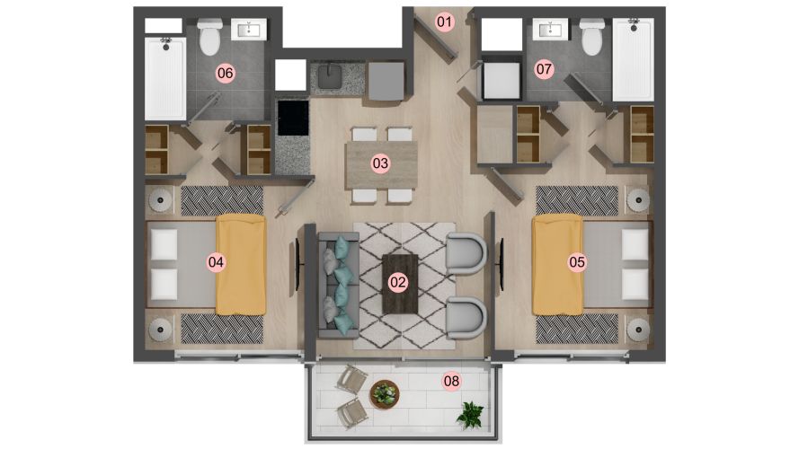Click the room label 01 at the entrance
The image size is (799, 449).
tap(444, 22)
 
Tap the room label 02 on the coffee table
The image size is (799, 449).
tap(397, 283)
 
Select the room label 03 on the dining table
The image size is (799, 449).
tap(380, 163)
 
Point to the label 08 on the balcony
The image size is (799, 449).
tap(451, 381)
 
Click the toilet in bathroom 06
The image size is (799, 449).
tap(209, 36)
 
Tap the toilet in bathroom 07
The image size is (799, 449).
tap(592, 36)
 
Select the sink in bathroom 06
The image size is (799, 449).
tap(249, 30)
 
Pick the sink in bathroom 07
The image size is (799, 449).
tap(550, 30)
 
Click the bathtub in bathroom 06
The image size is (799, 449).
tap(165, 78)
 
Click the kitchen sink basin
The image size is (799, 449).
tap(330, 77)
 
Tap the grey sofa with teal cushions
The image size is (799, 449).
tap(339, 286)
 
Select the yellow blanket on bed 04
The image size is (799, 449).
tap(241, 265)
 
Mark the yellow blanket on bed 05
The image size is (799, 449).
tap(557, 265)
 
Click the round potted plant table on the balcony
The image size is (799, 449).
tap(385, 394)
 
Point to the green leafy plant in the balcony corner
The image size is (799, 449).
tap(470, 413)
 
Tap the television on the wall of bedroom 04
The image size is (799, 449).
tap(297, 264)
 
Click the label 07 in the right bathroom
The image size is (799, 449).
tap(545, 69)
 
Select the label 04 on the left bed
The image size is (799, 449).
tap(216, 262)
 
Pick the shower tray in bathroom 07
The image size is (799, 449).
tap(633, 59)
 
